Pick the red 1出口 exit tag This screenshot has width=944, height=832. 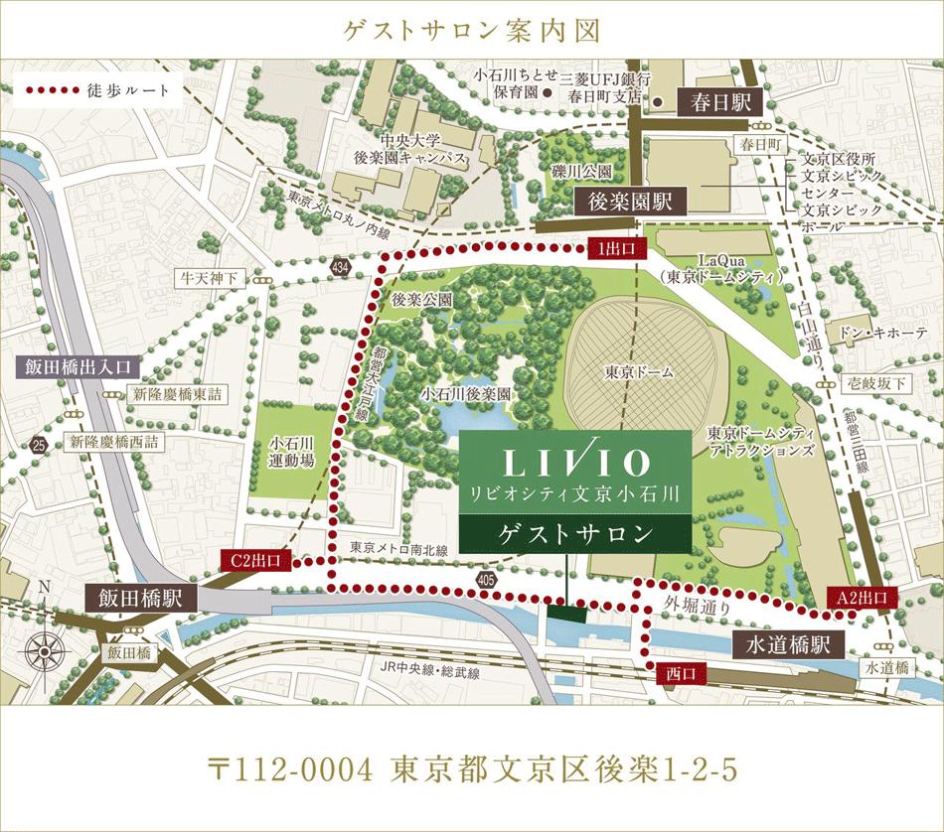click(618, 246)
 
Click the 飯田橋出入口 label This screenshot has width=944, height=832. click(78, 366)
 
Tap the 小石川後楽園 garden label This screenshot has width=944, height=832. click(465, 394)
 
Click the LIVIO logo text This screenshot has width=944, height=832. click(575, 462)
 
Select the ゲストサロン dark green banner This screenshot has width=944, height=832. click(575, 534)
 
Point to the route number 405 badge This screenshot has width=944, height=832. click(486, 577)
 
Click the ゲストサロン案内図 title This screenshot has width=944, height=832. click(472, 31)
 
